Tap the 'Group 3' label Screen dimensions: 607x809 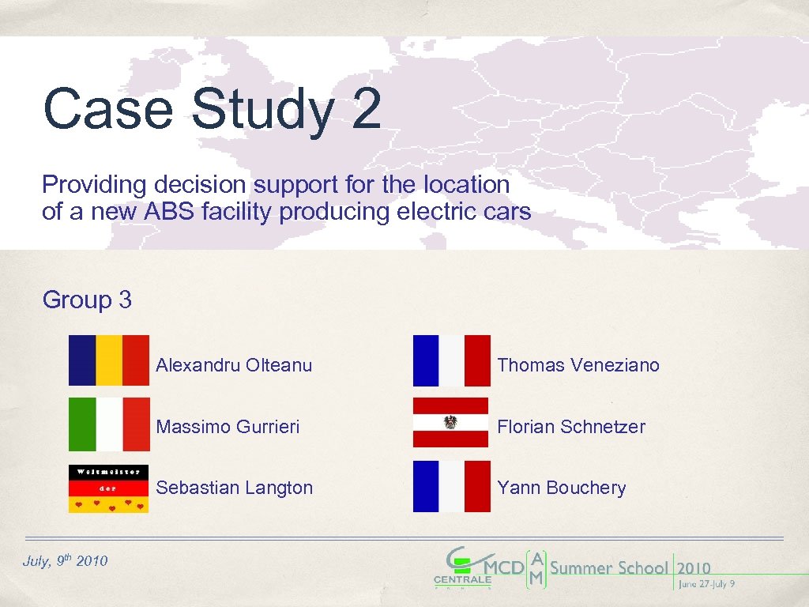(87, 300)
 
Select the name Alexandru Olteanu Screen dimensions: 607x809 (234, 365)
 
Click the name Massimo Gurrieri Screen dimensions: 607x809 (228, 427)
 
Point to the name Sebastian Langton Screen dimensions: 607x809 (234, 488)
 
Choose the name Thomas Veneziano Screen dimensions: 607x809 (578, 365)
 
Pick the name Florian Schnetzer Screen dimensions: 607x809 (570, 427)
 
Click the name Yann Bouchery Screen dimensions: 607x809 (561, 488)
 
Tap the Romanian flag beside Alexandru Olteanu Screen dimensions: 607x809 (108, 360)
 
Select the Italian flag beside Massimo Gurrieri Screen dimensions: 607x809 (108, 424)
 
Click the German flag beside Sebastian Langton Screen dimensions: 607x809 (108, 488)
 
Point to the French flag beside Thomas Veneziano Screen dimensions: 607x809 (451, 360)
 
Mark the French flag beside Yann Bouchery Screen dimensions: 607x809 (451, 487)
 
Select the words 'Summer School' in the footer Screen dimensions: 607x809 (608, 567)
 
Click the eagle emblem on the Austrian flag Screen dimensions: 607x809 (451, 423)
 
